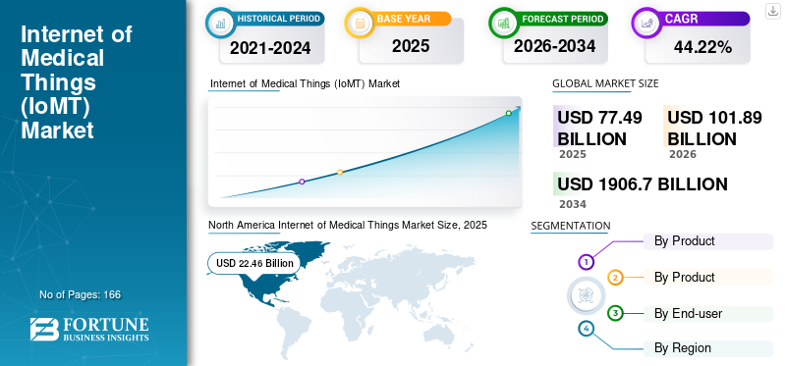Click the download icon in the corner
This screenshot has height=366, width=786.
tap(772, 11)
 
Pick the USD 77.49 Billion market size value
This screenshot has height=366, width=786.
tap(599, 128)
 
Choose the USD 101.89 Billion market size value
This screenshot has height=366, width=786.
tap(714, 128)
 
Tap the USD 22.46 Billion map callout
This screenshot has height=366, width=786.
tap(254, 263)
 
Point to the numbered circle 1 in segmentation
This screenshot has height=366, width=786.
tap(586, 262)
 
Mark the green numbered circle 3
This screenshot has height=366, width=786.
tap(615, 313)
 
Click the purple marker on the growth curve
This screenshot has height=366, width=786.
tap(302, 182)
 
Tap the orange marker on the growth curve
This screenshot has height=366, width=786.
tap(340, 173)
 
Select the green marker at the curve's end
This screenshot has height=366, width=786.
tap(508, 113)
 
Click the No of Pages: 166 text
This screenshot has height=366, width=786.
tap(80, 294)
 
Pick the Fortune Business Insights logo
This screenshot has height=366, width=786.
tap(90, 330)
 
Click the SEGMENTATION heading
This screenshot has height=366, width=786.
tap(570, 226)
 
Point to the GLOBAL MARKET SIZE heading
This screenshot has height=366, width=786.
tap(605, 83)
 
